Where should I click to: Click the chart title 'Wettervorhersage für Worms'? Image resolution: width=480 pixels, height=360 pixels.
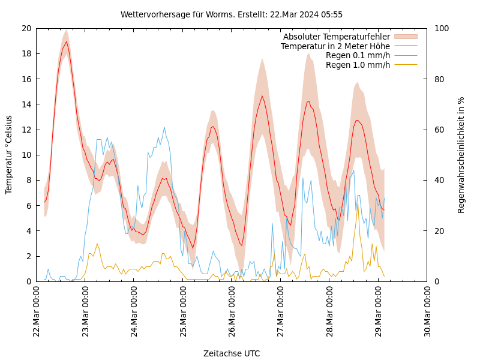click(x=231, y=14)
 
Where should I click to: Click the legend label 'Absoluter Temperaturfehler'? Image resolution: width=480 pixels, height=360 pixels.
click(x=336, y=37)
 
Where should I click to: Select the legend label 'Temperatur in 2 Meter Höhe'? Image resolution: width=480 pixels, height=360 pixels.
click(x=335, y=46)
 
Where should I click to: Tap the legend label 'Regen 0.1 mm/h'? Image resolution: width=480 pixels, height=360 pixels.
click(x=358, y=55)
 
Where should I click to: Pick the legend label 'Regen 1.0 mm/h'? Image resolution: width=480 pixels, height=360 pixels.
click(x=358, y=65)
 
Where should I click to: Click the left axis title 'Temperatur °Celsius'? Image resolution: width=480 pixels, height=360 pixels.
click(x=9, y=155)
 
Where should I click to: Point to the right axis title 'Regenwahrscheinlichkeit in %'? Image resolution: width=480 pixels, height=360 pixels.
click(x=461, y=155)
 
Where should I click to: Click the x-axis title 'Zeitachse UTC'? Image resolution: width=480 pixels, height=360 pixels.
click(x=232, y=353)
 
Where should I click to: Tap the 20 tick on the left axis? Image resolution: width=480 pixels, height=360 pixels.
click(x=26, y=28)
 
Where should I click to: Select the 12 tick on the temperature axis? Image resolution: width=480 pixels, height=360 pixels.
click(x=26, y=130)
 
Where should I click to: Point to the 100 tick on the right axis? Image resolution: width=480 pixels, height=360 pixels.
click(x=440, y=28)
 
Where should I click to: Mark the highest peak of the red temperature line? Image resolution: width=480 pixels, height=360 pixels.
click(x=66, y=41)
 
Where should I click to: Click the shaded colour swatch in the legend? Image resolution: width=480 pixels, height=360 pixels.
click(x=406, y=37)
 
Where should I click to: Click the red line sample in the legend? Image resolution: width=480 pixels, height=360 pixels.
click(x=406, y=46)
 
